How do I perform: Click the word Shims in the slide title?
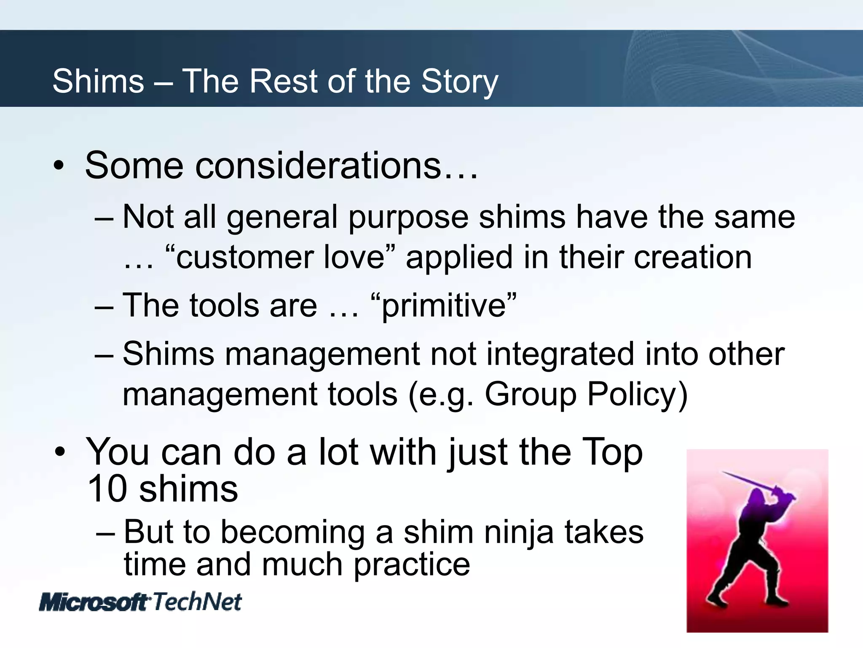98,81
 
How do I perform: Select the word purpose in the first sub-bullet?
408,217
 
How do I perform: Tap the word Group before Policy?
531,394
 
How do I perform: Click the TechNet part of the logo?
197,602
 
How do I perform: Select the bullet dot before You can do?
60,452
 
